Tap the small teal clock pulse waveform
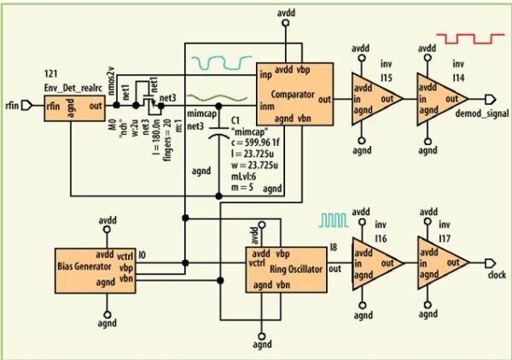(334, 219)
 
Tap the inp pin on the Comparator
(265, 76)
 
